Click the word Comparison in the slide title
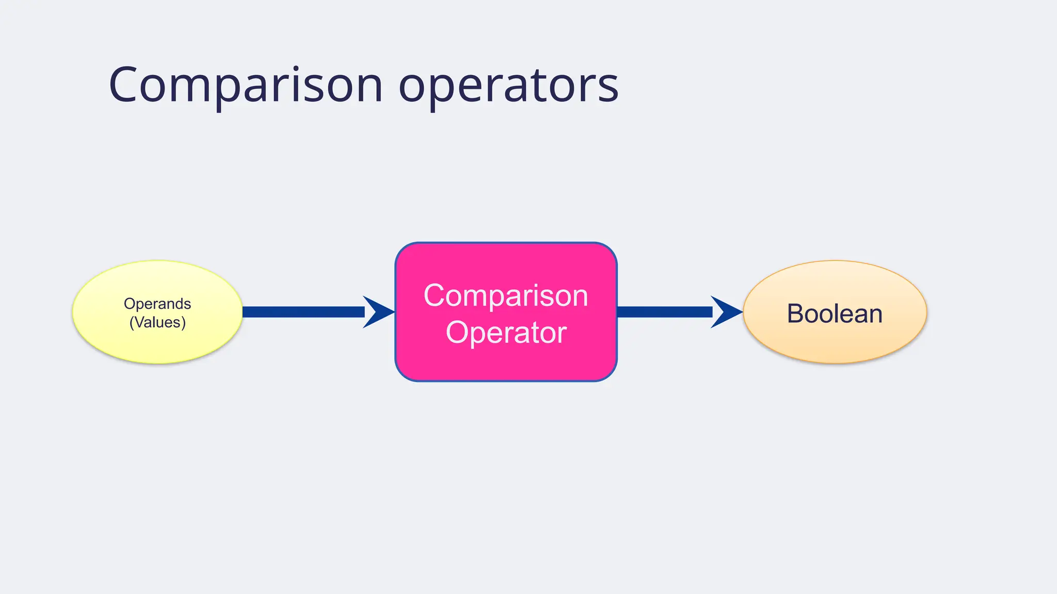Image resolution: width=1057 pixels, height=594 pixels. (246, 85)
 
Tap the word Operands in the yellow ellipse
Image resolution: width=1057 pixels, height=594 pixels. (157, 304)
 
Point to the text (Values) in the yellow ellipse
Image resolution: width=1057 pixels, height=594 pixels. (157, 322)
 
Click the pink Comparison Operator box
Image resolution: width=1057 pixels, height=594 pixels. (506, 361)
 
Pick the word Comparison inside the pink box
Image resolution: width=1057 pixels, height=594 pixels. (506, 295)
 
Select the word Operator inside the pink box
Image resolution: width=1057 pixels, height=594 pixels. (506, 333)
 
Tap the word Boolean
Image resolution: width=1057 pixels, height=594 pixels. (835, 313)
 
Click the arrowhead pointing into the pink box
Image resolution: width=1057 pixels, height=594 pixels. (379, 312)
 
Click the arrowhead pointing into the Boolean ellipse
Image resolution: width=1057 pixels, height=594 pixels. (727, 312)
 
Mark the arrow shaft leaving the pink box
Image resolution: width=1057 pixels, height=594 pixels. (665, 312)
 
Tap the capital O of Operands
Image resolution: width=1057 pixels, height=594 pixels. (129, 304)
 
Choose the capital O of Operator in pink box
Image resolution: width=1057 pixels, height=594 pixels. (456, 333)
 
